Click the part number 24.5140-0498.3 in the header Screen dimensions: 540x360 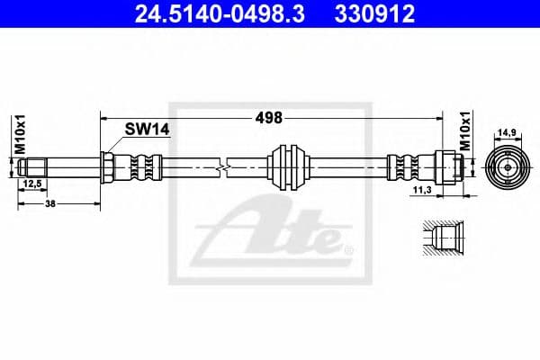coord(220,14)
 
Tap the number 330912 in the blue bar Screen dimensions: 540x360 coord(374,14)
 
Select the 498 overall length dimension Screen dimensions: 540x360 coord(268,118)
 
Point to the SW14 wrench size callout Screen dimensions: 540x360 coord(147,130)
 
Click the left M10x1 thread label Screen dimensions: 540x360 coord(20,134)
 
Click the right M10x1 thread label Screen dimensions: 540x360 coord(465,131)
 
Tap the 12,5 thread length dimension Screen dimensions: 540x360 coord(32,184)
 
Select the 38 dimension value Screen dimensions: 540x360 coord(50,203)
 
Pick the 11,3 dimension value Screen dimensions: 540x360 coord(422,190)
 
